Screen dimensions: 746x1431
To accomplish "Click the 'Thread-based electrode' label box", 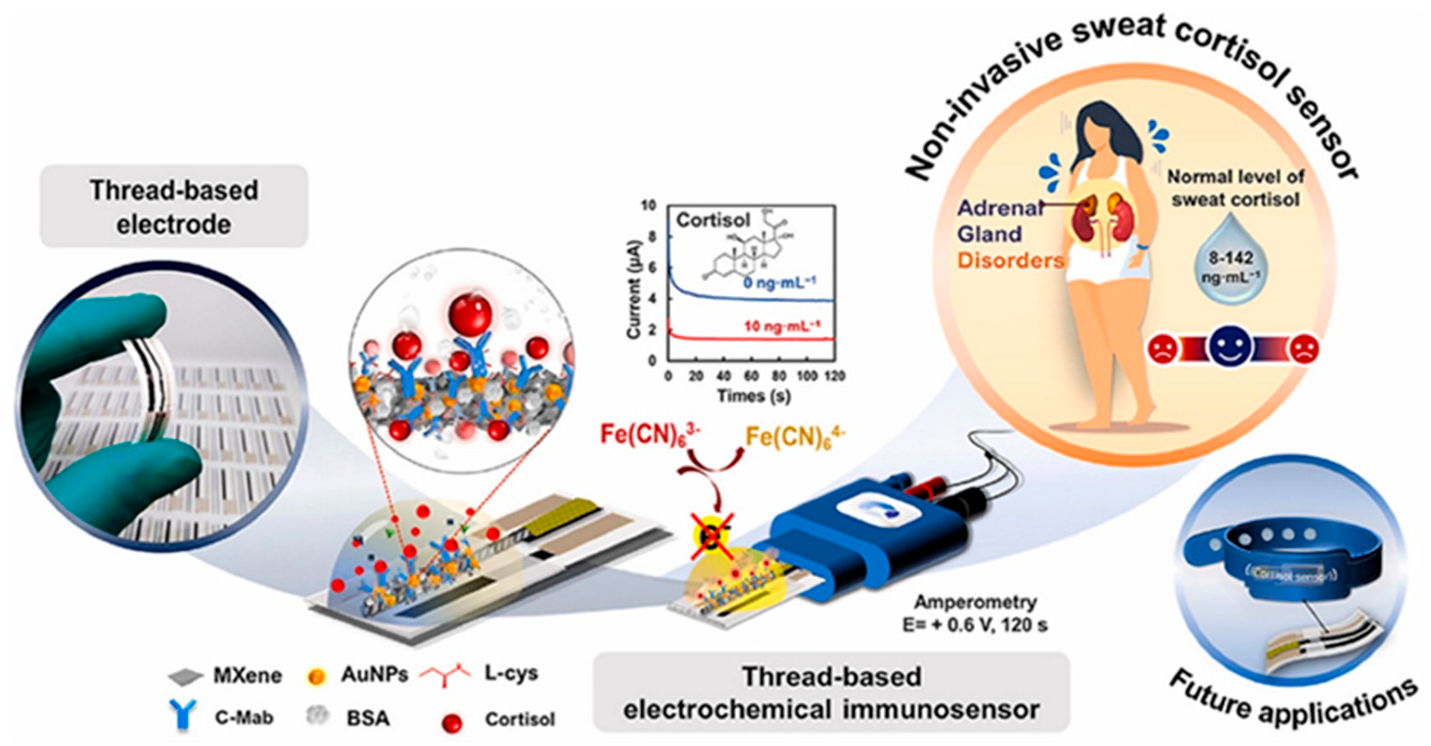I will point(174,206).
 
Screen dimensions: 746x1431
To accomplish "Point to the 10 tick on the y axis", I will point(649,206).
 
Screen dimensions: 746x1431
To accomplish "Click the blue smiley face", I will point(1231,348).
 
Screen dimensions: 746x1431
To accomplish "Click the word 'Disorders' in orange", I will point(1011,260).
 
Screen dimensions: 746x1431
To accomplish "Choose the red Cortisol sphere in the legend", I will point(453,723).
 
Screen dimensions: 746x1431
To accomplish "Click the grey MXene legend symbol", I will point(186,677).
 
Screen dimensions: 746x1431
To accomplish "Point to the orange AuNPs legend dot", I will point(316,677).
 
